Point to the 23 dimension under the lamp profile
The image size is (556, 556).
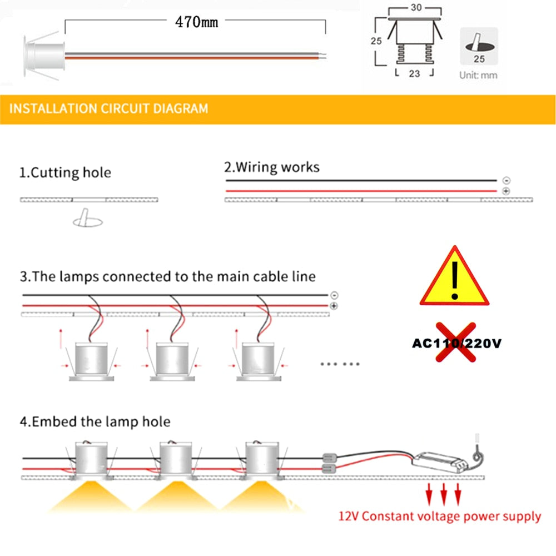tap(414, 73)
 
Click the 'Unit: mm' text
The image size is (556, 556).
tap(478, 75)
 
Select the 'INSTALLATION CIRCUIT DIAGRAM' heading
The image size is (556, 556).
tap(109, 108)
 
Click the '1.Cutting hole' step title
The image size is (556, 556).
tap(65, 172)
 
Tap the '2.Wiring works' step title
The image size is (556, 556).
tap(272, 167)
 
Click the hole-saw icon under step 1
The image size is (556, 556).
tap(88, 219)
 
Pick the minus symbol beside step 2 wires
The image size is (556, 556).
tap(505, 181)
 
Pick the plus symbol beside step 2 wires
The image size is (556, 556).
tap(505, 191)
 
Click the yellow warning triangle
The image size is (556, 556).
tap(455, 277)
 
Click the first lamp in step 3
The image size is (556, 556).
tap(91, 361)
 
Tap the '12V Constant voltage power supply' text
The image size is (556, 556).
tap(439, 517)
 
